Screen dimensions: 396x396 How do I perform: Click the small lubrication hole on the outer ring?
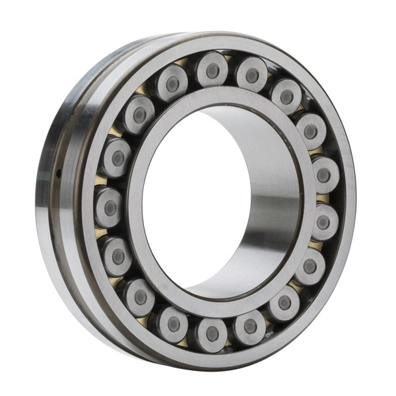[59, 174]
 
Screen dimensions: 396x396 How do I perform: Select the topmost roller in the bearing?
[213, 68]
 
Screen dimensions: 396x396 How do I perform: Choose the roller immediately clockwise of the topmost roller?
[251, 75]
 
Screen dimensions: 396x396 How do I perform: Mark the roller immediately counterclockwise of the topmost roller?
[172, 83]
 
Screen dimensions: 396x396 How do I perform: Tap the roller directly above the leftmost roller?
[116, 158]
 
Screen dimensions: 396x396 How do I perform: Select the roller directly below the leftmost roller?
[117, 255]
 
